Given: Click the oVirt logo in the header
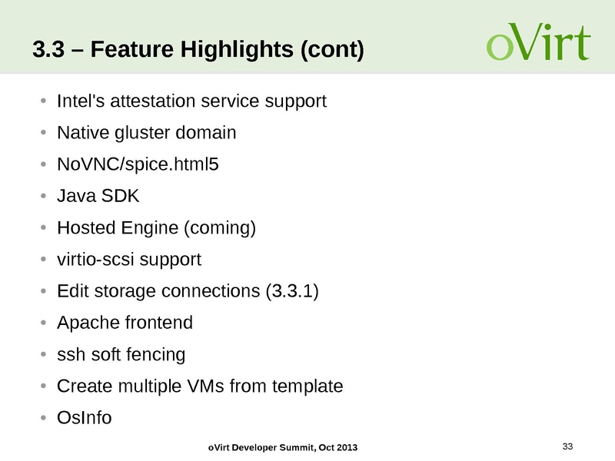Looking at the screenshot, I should click(x=537, y=43).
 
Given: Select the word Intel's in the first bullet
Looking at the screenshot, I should click(x=81, y=101).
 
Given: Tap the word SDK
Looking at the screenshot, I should click(x=123, y=196).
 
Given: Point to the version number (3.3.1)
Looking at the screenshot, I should click(x=291, y=291).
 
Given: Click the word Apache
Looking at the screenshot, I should click(x=84, y=323).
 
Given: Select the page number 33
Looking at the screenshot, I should click(x=569, y=446).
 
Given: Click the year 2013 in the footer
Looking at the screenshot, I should click(x=345, y=448).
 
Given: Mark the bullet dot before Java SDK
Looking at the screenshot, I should click(x=44, y=197).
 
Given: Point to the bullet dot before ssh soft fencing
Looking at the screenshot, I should click(x=44, y=355).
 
